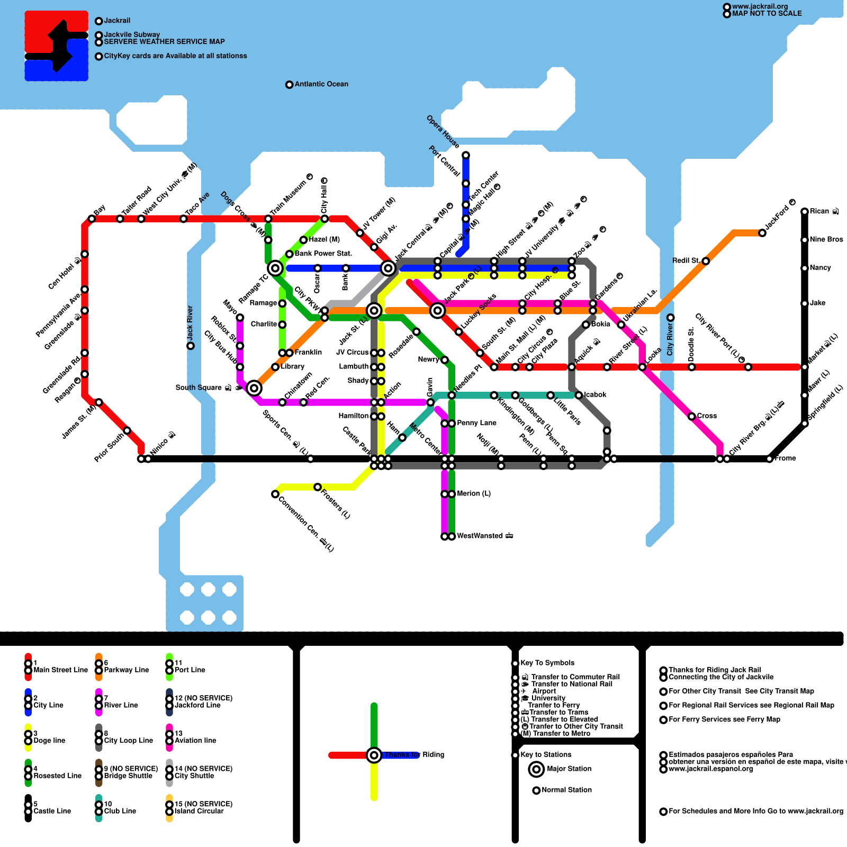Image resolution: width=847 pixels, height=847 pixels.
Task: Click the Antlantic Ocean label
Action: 321,84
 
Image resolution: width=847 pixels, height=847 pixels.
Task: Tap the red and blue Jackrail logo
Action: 57,46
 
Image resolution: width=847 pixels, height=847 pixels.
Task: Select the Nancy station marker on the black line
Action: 805,268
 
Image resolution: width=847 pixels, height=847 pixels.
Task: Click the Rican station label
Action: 819,211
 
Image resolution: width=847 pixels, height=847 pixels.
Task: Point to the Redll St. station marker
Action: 706,261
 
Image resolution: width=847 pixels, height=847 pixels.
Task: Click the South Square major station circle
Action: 254,388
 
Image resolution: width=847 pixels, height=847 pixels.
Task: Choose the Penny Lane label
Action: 476,423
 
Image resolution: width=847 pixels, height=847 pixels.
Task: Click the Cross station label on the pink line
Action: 707,416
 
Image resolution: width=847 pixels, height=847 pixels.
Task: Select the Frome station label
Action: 785,458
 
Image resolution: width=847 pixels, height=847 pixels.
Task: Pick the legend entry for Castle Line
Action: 52,811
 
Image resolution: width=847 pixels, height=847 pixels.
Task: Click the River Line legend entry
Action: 121,705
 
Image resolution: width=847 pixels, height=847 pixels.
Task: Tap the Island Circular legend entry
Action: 199,811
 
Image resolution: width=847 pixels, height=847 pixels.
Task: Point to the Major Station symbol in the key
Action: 536,769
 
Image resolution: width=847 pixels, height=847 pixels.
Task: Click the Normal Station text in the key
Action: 566,790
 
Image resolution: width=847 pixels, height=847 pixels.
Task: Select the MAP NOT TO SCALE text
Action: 767,14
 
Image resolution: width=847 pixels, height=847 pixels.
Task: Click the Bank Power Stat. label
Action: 323,254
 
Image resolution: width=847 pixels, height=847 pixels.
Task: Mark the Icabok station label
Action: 595,395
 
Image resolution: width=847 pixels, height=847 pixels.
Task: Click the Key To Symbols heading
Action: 547,663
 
